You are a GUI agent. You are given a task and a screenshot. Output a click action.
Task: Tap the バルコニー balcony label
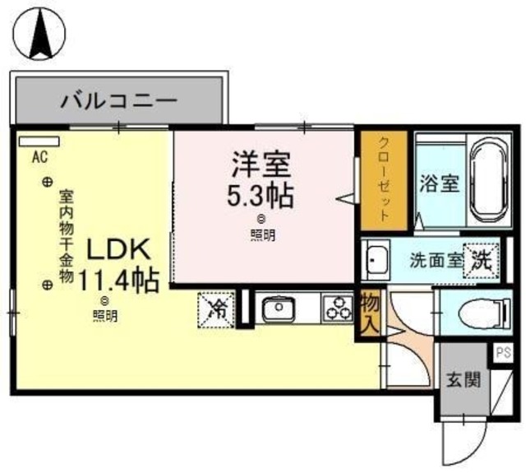pos(119,102)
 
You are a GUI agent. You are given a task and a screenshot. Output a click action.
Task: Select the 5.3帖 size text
pos(261,196)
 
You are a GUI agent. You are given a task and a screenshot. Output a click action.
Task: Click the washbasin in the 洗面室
pos(377,262)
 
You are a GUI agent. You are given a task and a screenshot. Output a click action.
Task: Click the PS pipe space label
pos(503,354)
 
